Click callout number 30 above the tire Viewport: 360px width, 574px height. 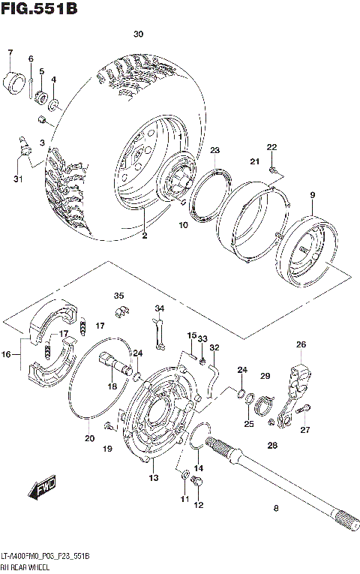point(138,35)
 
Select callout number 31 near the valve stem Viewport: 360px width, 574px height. point(17,178)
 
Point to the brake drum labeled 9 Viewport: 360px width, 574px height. point(307,248)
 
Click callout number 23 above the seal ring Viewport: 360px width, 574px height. point(214,151)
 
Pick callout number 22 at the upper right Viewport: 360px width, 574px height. point(272,146)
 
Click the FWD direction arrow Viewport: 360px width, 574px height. point(44,489)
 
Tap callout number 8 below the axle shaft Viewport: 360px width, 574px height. point(276,509)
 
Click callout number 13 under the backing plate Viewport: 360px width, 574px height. point(153,478)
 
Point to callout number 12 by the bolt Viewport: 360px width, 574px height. point(199,505)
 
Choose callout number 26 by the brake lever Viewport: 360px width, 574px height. point(301,344)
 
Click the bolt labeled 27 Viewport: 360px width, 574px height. point(304,409)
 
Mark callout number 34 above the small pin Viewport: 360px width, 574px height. point(159,308)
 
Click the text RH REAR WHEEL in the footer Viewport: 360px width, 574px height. point(27,565)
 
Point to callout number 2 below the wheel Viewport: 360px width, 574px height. point(145,236)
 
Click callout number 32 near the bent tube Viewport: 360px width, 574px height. point(214,347)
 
